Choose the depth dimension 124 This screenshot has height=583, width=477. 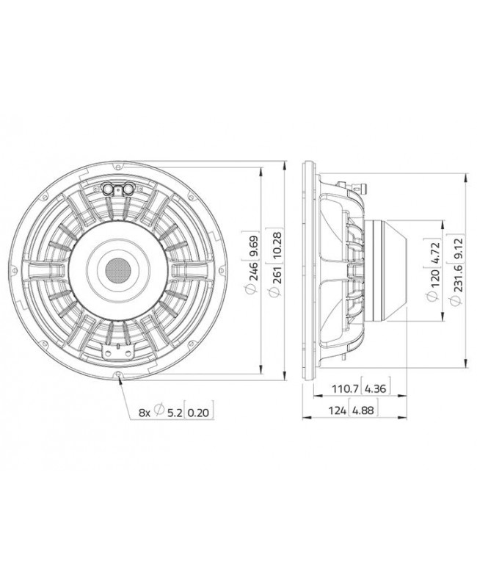338,410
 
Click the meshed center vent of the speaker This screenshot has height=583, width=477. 117,269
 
